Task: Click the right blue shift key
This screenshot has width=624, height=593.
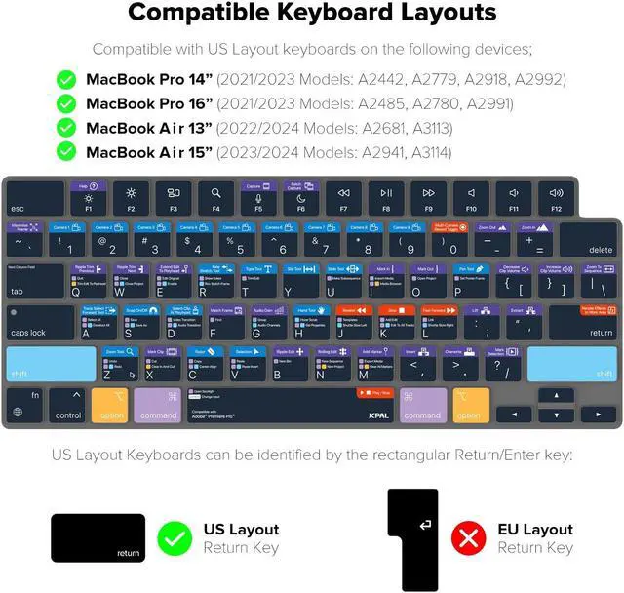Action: pyautogui.click(x=573, y=364)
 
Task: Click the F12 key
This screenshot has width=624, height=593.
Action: pyautogui.click(x=555, y=199)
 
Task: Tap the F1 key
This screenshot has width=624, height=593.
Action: pyautogui.click(x=88, y=199)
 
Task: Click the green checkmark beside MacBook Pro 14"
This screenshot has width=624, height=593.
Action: pyautogui.click(x=66, y=79)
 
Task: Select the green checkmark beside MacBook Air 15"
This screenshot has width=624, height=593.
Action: pyautogui.click(x=66, y=151)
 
